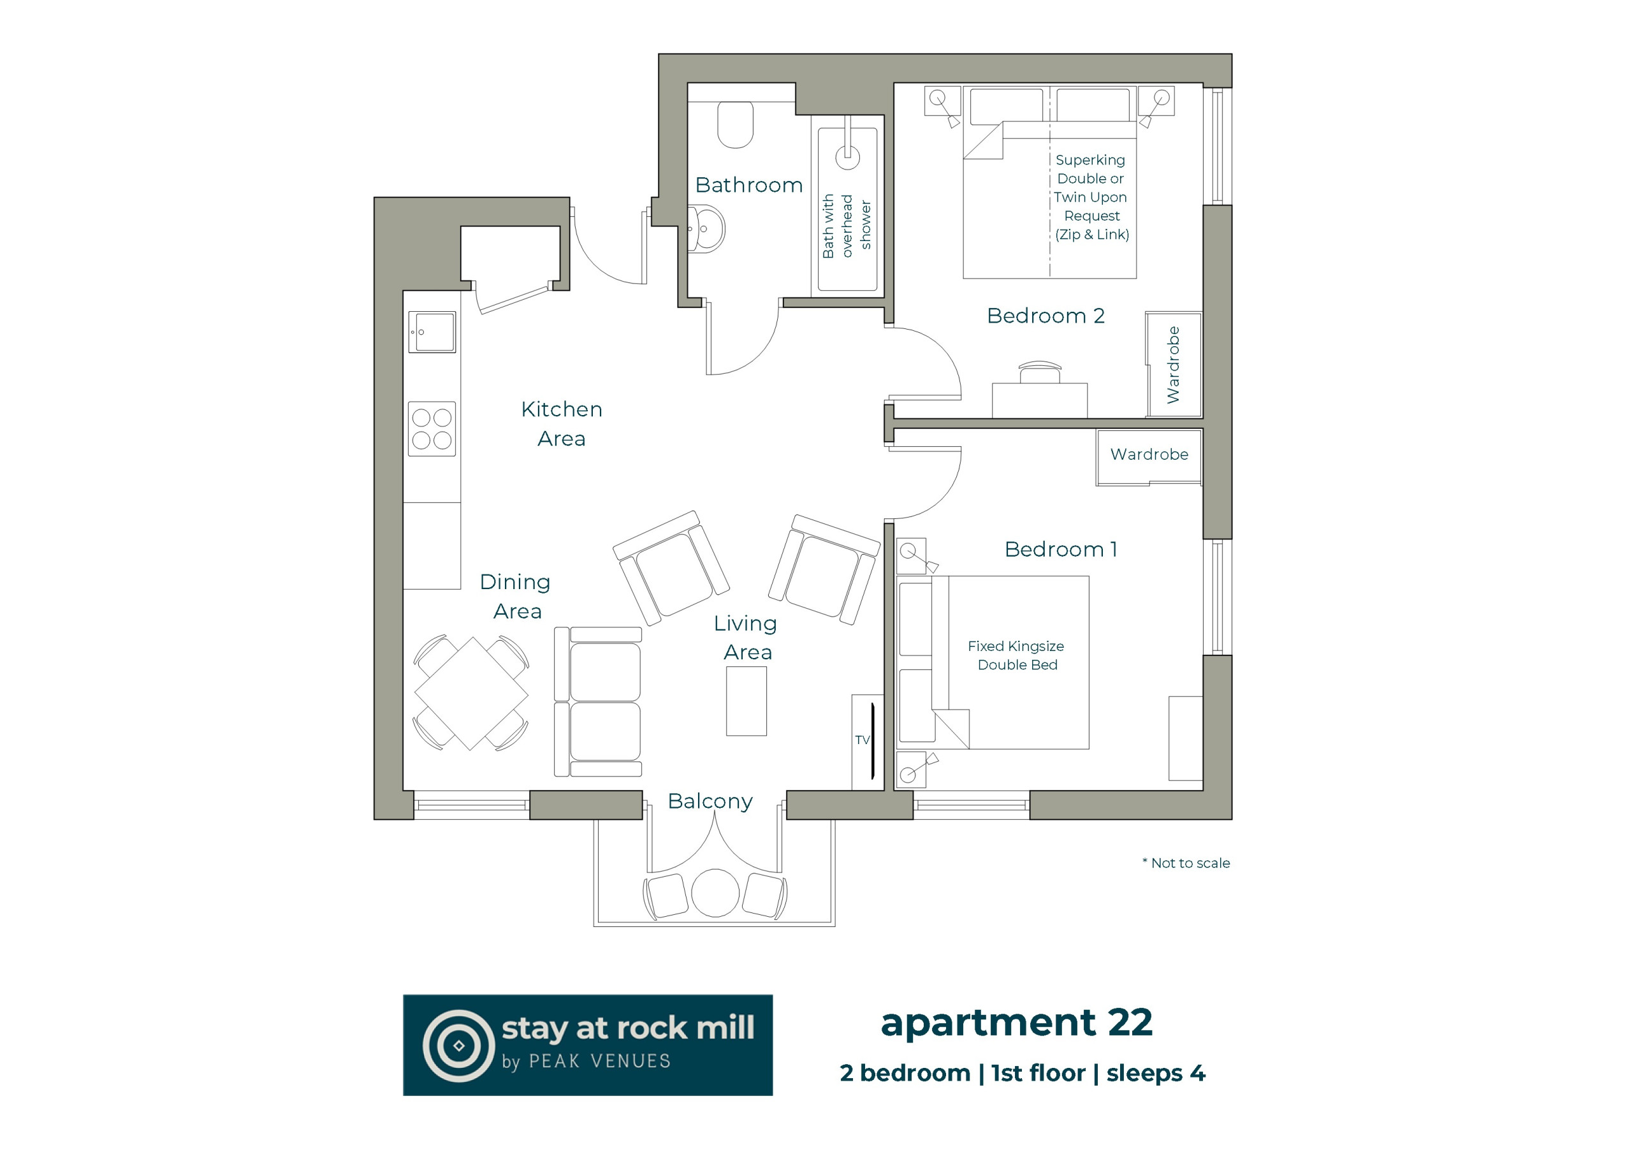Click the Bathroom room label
coord(748,186)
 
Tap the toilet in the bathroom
coord(735,124)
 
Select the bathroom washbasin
coord(706,229)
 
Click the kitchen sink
coord(432,332)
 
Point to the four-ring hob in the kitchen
coord(432,428)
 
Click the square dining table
coord(471,693)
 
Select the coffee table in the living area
coord(747,702)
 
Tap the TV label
coord(862,740)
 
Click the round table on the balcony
coord(715,893)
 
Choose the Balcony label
coord(710,801)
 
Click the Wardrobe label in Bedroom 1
coord(1149,455)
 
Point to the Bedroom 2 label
coord(1045,316)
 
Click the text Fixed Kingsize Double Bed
coord(1016,655)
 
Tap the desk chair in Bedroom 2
coord(1040,372)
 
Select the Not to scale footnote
coord(1186,863)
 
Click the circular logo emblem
coord(459,1046)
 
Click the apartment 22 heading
coord(1016,1024)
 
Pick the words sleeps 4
coord(1156,1074)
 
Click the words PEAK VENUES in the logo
coord(600,1062)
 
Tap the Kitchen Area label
coord(562,424)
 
